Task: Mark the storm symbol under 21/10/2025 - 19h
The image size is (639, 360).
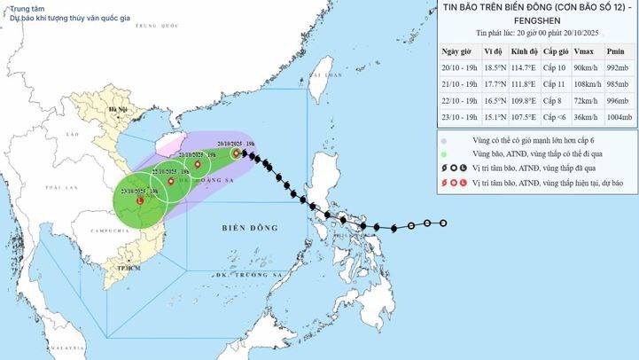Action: pos(197,164)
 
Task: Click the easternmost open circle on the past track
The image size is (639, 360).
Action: pos(443,223)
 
